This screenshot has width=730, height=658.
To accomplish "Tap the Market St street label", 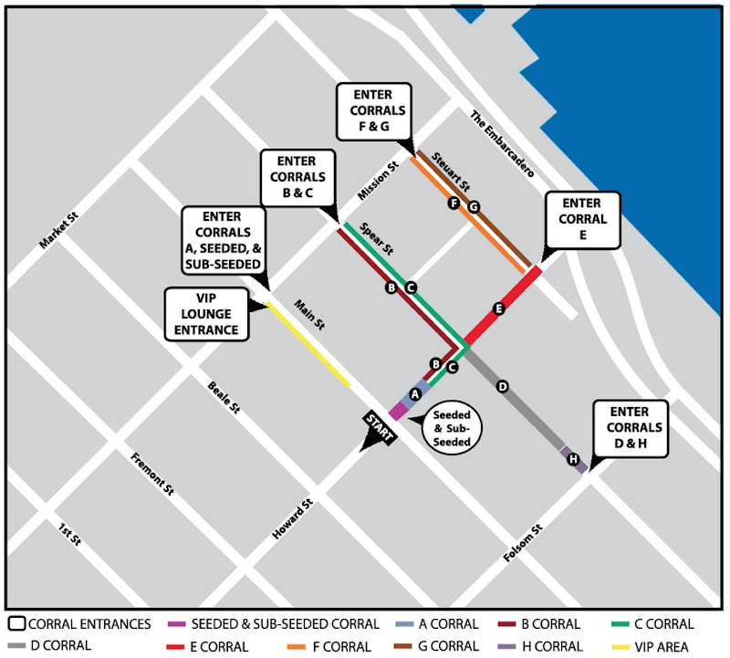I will (x=59, y=232).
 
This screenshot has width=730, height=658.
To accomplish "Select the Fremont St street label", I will (x=152, y=474).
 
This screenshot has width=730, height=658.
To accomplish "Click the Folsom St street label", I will (x=525, y=543).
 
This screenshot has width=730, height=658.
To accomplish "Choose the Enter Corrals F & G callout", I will (x=374, y=111).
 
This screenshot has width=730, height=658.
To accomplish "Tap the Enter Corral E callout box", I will (x=583, y=219).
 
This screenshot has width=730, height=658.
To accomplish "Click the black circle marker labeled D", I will (x=502, y=387).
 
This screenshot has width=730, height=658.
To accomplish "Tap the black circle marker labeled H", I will (x=574, y=460).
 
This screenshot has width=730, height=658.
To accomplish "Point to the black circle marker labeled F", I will (x=454, y=204).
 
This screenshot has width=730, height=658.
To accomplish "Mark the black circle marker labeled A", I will (x=414, y=394).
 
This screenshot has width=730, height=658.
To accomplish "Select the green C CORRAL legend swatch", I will (x=623, y=625).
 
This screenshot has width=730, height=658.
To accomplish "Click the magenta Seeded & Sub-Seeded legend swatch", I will (x=178, y=625).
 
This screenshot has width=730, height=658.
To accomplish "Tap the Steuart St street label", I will (x=451, y=171).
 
